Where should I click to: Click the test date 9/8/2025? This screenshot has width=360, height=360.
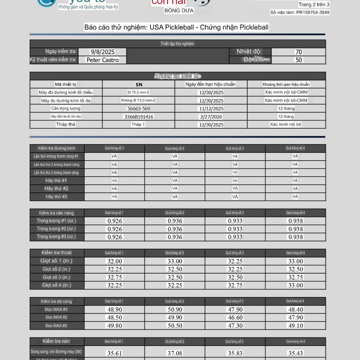102,52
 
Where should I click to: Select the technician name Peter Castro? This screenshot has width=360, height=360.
103,60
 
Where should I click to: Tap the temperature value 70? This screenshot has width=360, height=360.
298,52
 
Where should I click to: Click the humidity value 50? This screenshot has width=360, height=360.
298,60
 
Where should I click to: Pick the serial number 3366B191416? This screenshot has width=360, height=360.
139,117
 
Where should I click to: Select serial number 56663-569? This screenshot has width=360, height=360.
139,109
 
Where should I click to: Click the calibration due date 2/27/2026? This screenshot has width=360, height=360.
211,117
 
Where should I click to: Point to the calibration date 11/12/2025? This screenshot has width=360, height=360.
211,109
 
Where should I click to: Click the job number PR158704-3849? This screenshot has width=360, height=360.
300,12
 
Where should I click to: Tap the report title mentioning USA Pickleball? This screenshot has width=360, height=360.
176,27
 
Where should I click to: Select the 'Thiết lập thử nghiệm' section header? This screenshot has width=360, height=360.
177,44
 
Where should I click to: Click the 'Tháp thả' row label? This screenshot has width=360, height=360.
66,124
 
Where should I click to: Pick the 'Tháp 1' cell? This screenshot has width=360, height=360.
139,124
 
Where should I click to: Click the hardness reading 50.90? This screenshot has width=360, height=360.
175,309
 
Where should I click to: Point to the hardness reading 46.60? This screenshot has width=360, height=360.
235,317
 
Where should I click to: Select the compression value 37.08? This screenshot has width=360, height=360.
175,353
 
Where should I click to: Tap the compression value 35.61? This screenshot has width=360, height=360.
114,353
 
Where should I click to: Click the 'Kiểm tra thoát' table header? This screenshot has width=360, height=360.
57,253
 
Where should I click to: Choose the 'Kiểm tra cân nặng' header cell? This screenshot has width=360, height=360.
57,213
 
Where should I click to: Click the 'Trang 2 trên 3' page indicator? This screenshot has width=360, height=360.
314,5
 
